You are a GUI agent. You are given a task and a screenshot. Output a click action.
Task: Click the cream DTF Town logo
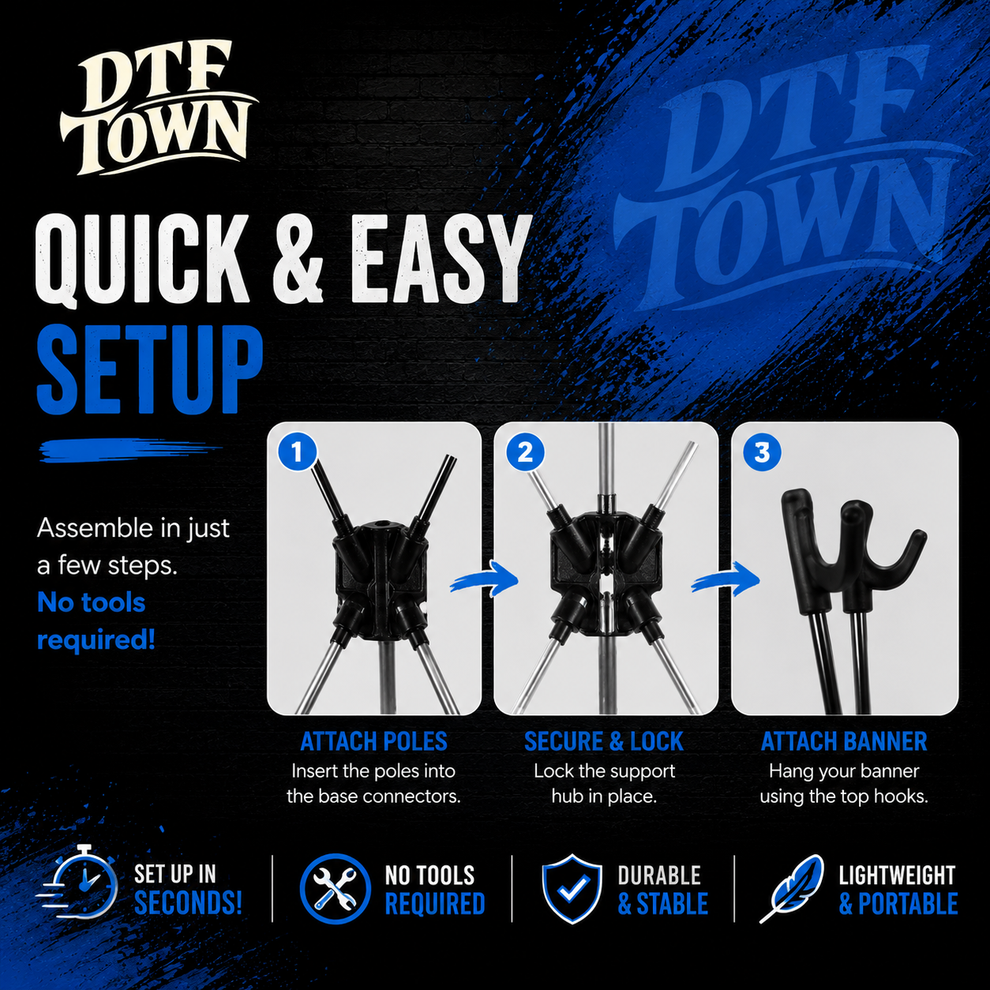coord(159,108)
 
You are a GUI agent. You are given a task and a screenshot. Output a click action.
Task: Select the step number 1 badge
coord(297,452)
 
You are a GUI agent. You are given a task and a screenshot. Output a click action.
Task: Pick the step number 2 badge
coord(525,452)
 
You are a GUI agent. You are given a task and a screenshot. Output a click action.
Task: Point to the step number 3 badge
coord(763,452)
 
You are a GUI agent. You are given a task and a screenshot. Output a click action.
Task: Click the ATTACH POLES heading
coord(374,742)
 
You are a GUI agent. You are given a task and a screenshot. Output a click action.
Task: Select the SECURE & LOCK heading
coord(604,742)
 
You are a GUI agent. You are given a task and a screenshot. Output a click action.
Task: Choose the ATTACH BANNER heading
coord(844,742)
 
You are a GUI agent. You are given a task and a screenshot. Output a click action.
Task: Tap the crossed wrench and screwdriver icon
coord(336,889)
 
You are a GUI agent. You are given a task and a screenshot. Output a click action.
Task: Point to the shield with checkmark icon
coord(572,889)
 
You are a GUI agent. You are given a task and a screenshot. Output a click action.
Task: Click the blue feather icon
coord(792,888)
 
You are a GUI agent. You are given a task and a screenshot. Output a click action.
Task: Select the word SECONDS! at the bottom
coord(188,904)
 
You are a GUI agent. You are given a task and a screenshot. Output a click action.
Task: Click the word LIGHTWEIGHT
coord(897,875)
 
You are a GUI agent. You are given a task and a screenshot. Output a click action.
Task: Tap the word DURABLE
coord(660,875)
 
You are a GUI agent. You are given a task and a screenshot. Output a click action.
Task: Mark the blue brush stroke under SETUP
coord(131,449)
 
